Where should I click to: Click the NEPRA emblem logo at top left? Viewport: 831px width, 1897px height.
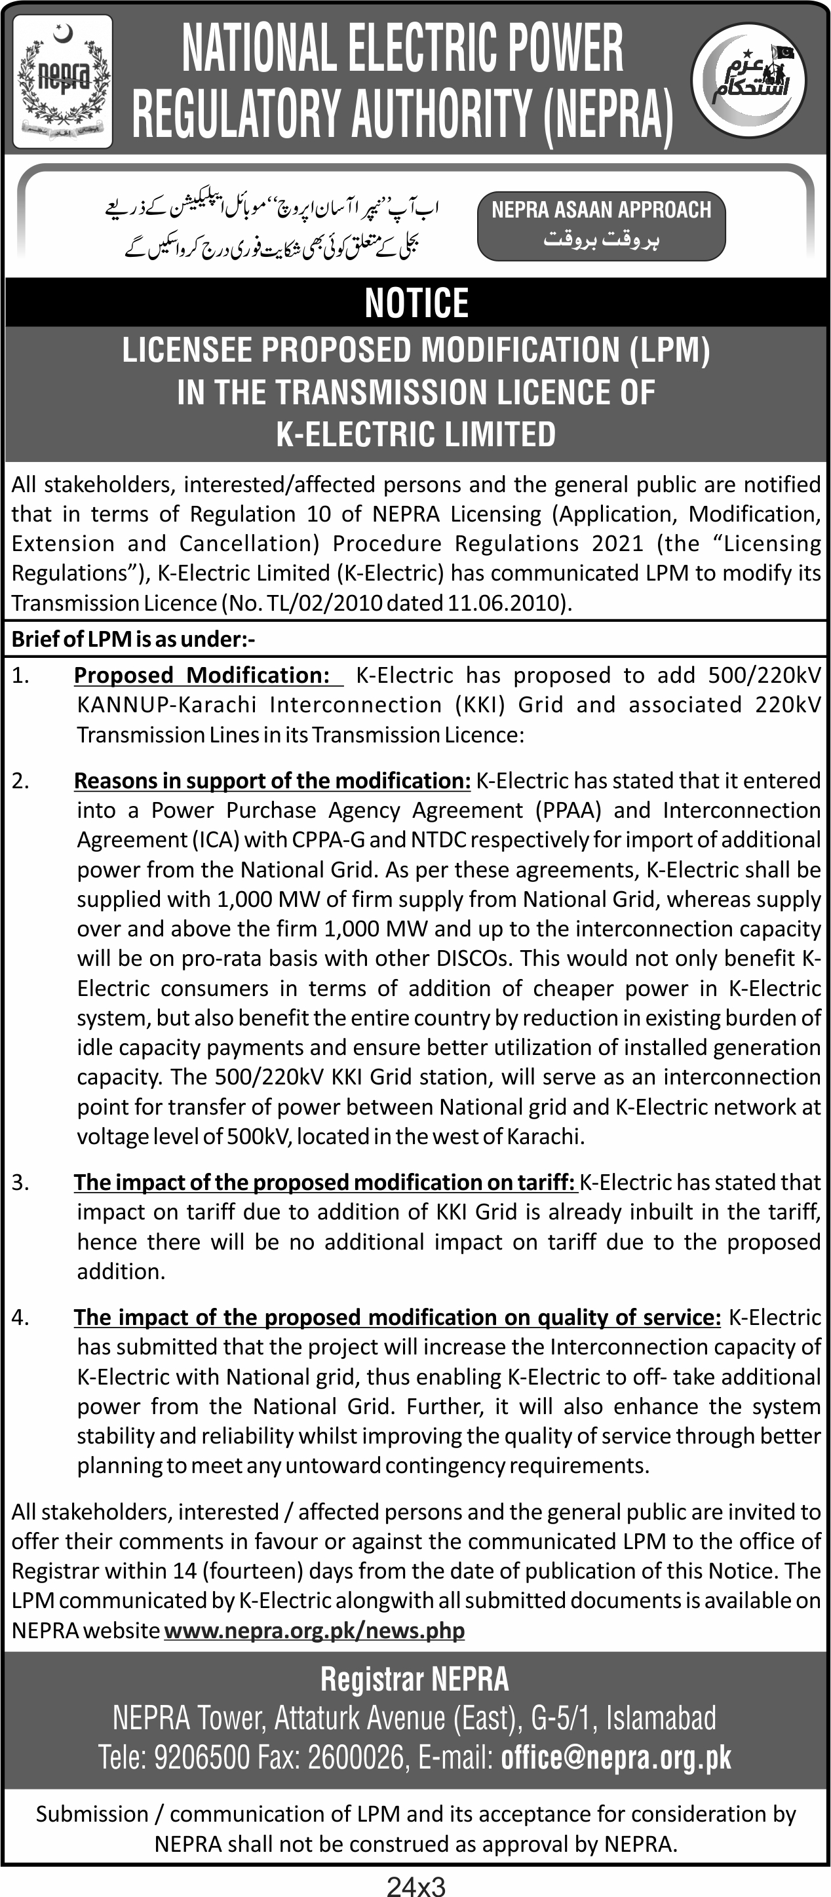click(x=63, y=81)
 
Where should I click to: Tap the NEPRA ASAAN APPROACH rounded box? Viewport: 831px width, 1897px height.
click(x=601, y=226)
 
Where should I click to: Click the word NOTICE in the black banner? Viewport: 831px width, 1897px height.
click(x=416, y=303)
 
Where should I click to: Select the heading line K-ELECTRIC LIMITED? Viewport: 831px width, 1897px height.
click(x=416, y=434)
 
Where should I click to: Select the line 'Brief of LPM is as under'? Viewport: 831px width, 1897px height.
click(x=133, y=639)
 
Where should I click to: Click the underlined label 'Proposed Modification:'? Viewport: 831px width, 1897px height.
click(x=202, y=676)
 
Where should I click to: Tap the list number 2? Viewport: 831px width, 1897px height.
click(x=20, y=780)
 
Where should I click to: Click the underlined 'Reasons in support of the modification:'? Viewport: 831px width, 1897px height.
click(x=273, y=780)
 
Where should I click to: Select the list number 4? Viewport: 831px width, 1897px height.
click(x=20, y=1316)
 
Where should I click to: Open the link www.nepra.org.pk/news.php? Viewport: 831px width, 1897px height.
click(x=315, y=1630)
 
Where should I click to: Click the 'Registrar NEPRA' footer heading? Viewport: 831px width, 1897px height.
click(x=415, y=1679)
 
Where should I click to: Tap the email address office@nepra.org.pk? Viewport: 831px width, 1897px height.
click(x=616, y=1758)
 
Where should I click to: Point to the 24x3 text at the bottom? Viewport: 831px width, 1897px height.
click(x=416, y=1886)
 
